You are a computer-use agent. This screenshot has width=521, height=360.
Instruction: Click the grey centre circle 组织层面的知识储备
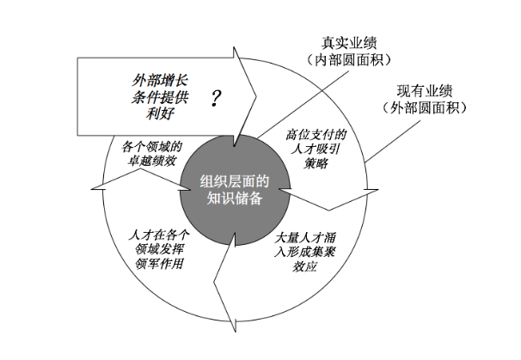tap(231, 190)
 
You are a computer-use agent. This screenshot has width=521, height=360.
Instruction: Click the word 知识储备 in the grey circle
tap(231, 198)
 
